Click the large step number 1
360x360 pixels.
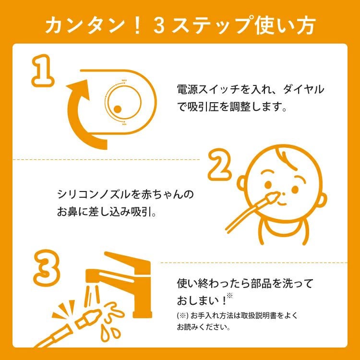pos(43,71)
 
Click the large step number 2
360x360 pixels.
pos(219,164)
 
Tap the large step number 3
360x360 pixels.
pos(47,267)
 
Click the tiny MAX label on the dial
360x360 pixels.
pos(124,80)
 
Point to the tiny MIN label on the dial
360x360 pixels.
pos(124,124)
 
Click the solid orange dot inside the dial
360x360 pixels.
pos(118,109)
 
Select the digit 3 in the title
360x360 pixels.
pos(159,25)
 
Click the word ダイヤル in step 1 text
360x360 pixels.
pos(303,89)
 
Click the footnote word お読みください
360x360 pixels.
pos(203,327)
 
